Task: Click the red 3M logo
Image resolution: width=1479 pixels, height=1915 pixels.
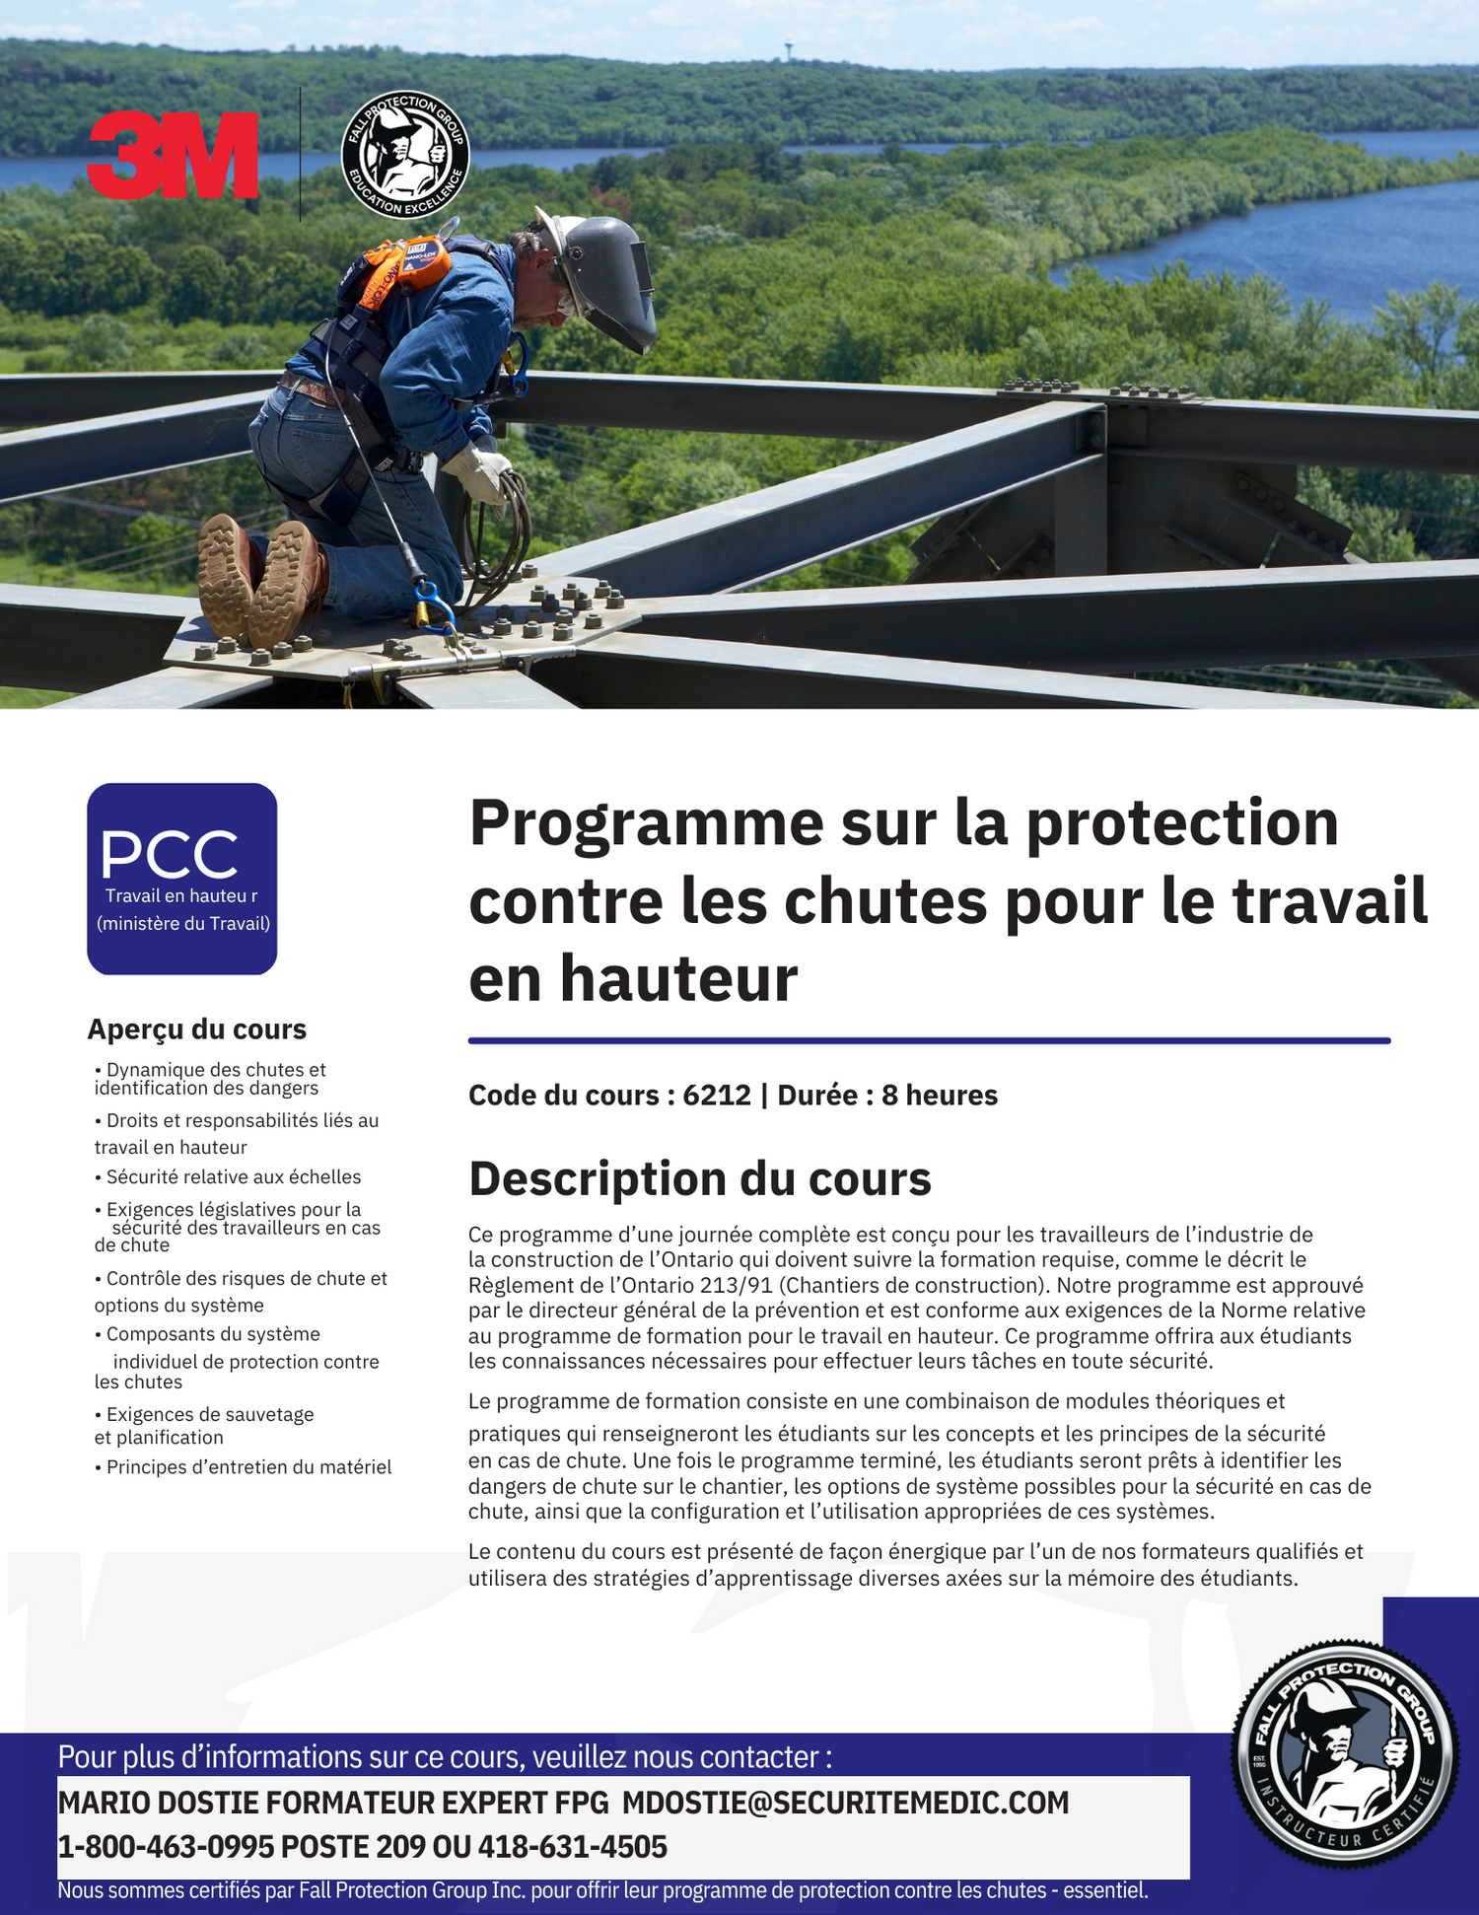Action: pos(173,155)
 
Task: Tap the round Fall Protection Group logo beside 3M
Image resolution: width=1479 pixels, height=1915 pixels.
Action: pos(405,155)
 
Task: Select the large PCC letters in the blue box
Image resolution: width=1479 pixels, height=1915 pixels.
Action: pos(170,854)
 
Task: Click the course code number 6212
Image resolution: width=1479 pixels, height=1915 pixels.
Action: pos(717,1095)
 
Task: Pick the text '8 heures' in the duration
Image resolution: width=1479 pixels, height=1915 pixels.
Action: pos(940,1095)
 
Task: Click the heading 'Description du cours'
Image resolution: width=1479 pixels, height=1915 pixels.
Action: pos(699,1178)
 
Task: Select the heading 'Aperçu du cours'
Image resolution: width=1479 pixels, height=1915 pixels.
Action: pos(196,1029)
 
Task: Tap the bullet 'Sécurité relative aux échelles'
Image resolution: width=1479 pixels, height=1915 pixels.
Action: pos(233,1176)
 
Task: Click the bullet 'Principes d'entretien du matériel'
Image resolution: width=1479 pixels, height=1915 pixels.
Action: pos(248,1467)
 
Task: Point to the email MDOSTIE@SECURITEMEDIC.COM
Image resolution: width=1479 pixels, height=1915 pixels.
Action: pos(845,1803)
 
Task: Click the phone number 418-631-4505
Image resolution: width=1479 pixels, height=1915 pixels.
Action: pos(573,1847)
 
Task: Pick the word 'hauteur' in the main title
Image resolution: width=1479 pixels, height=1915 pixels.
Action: pos(678,979)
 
